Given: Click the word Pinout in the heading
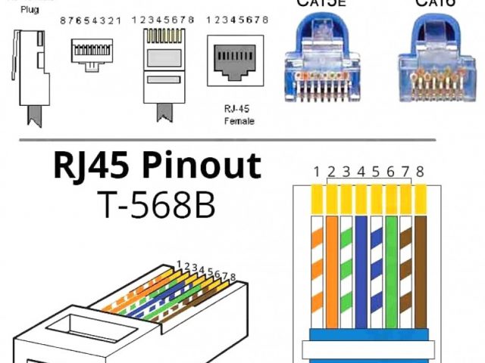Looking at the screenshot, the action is [202, 166].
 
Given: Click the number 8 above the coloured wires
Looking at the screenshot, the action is [420, 172].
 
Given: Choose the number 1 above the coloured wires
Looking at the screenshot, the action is [316, 172].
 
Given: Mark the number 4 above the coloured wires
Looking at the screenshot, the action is [361, 172].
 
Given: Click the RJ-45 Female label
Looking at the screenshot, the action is [239, 114].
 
